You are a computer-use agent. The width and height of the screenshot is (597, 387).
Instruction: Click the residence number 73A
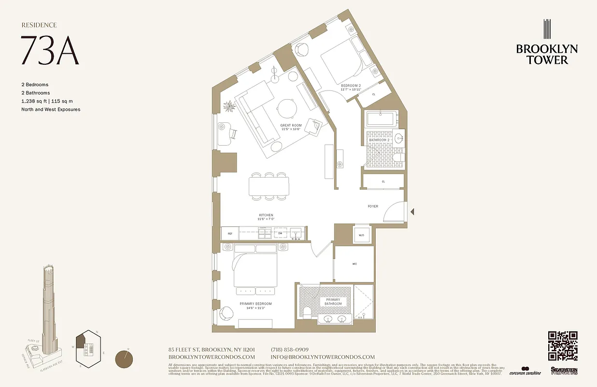[50, 51]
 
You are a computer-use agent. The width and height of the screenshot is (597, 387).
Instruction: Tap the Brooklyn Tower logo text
[547, 54]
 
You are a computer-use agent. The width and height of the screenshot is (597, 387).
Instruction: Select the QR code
[563, 345]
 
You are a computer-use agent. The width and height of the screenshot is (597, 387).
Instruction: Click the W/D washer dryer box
[361, 236]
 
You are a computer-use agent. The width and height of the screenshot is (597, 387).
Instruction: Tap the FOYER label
[373, 207]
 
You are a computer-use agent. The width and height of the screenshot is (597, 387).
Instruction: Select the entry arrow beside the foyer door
[412, 211]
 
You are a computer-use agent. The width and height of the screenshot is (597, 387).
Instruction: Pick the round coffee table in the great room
[286, 107]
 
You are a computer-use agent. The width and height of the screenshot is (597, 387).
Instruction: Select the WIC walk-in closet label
[354, 264]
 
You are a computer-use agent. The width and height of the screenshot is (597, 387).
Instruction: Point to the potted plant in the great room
[228, 105]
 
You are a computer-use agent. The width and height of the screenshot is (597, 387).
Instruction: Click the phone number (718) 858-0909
[290, 350]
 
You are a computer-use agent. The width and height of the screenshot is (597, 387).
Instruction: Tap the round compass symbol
[125, 359]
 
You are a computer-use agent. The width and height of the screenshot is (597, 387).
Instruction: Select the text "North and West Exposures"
[51, 109]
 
